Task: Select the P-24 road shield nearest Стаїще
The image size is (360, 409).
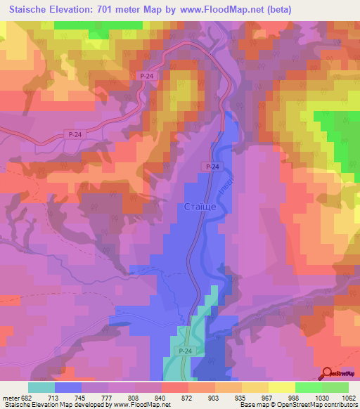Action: [214, 166]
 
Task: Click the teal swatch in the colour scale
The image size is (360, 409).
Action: [41, 387]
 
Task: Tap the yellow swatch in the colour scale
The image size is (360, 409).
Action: [282, 387]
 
